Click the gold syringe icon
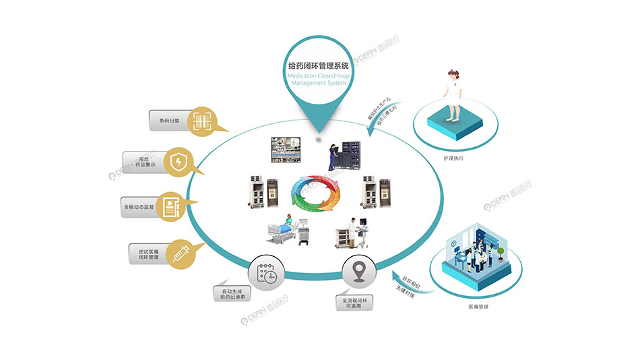pos(181,255)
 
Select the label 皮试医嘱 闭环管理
pos(143,254)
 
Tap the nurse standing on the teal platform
pos(451,94)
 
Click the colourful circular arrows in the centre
pos(315,193)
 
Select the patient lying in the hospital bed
pos(286,226)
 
